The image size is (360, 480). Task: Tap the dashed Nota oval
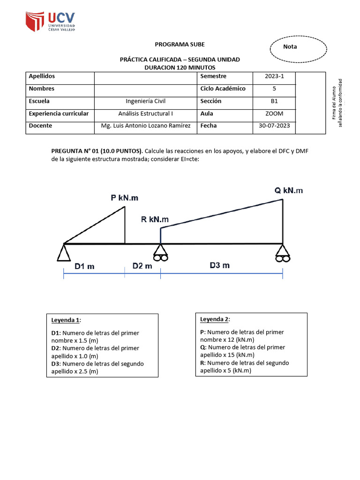pyautogui.click(x=299, y=47)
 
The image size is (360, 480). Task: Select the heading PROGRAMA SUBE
pyautogui.click(x=180, y=45)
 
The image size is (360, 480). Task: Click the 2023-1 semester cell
pyautogui.click(x=274, y=76)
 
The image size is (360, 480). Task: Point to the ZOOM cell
pyautogui.click(x=274, y=114)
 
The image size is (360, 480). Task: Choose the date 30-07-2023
pyautogui.click(x=274, y=126)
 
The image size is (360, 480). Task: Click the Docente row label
pyautogui.click(x=40, y=126)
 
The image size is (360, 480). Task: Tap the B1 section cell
pyautogui.click(x=274, y=101)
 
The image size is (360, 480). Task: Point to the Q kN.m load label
pyautogui.click(x=288, y=190)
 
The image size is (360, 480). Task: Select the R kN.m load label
pyautogui.click(x=155, y=219)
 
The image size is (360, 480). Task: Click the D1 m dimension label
pyautogui.click(x=84, y=266)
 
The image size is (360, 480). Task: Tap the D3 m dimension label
pyautogui.click(x=219, y=265)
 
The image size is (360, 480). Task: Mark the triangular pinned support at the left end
pyautogui.click(x=64, y=253)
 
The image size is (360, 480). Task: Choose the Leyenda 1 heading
pyautogui.click(x=66, y=320)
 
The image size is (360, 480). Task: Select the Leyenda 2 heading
pyautogui.click(x=215, y=319)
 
